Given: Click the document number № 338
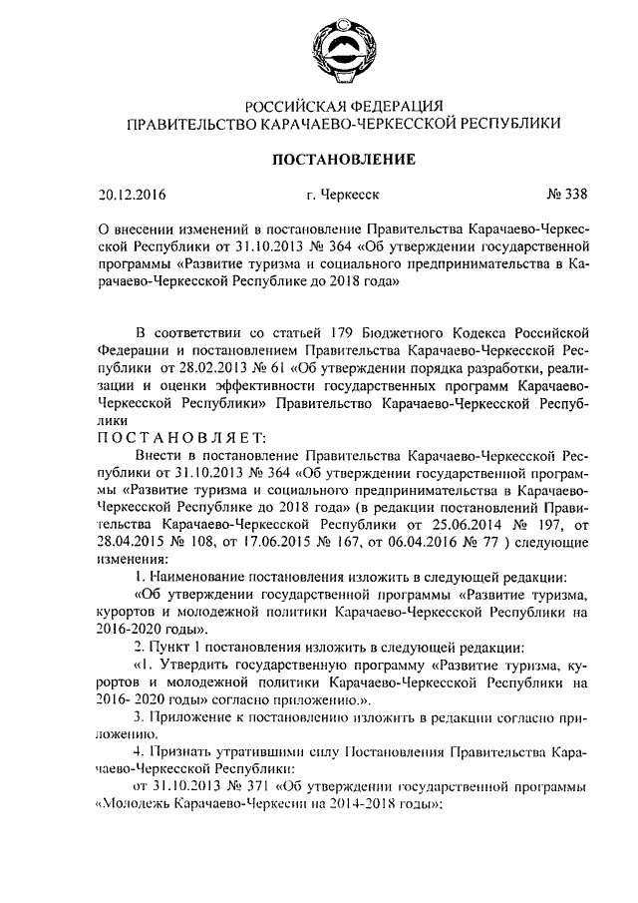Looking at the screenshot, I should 558,196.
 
